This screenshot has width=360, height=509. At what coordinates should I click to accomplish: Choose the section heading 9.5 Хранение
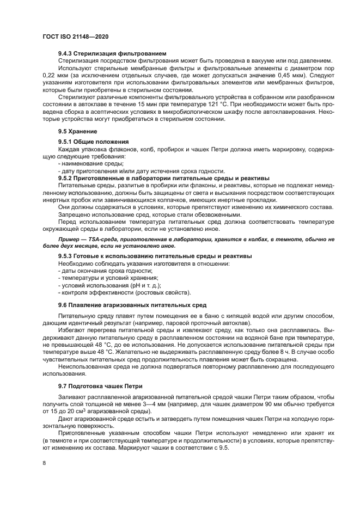coord(78,131)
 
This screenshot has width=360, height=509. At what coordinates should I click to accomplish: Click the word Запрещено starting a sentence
coord(75,214)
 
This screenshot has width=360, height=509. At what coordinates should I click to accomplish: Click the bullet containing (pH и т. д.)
coord(115,285)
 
